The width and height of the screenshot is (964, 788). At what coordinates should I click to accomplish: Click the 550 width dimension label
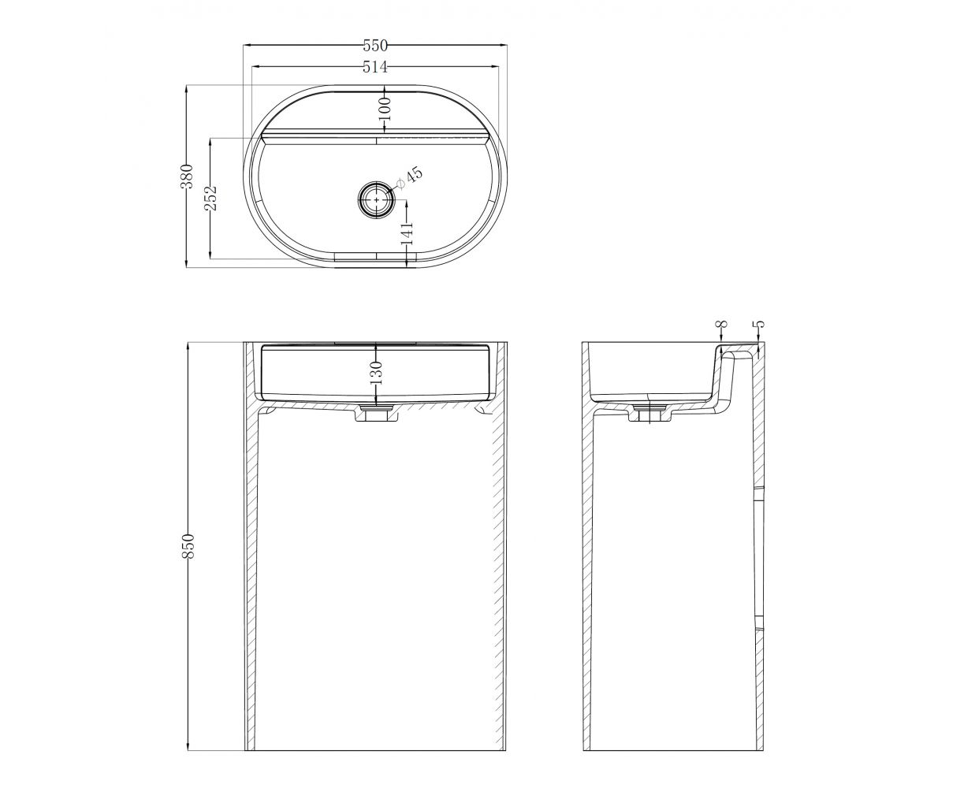tap(375, 46)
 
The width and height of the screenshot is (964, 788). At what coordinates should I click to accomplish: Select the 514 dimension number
tap(375, 67)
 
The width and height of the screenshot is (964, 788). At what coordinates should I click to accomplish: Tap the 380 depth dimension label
tap(188, 176)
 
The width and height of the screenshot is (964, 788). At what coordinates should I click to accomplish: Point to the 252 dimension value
tap(211, 198)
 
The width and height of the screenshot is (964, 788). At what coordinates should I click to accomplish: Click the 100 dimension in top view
tap(385, 109)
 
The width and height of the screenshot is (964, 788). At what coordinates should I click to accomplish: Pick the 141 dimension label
tap(407, 233)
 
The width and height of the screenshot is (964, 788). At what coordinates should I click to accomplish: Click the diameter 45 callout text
tap(409, 178)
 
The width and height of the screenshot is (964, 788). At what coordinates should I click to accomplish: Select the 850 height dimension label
tap(188, 546)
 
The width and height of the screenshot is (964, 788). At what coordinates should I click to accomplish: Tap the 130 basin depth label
tap(376, 373)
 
